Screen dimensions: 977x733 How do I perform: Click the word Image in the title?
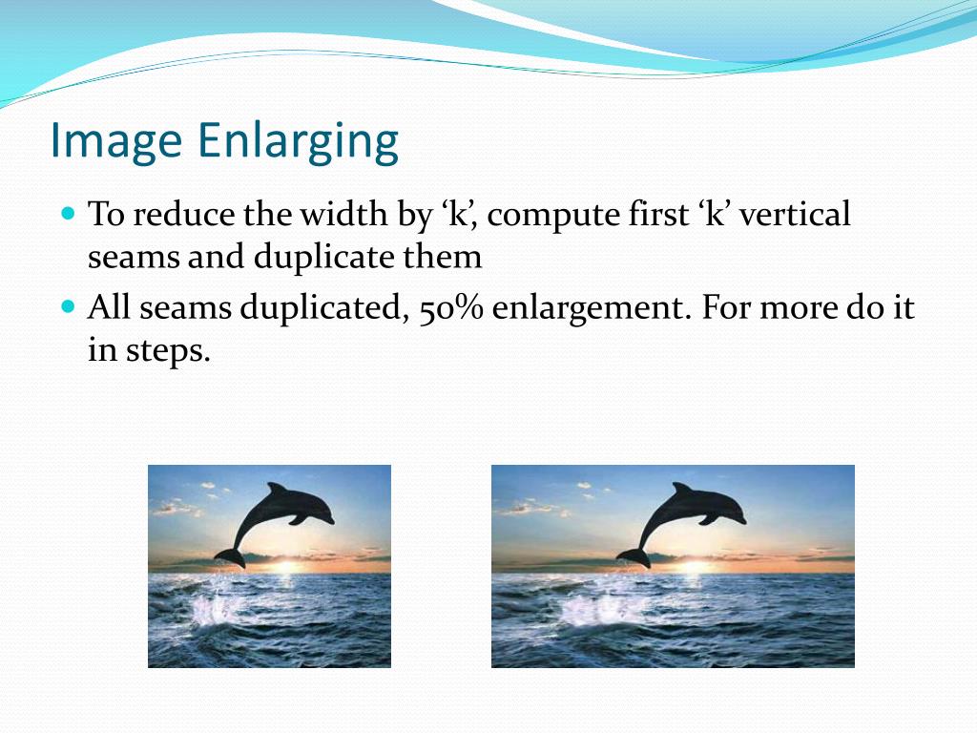[x=115, y=141]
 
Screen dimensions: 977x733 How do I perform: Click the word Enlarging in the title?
[x=299, y=141]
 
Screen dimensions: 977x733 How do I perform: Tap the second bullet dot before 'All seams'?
[x=69, y=307]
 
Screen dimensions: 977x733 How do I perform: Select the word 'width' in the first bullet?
[x=343, y=214]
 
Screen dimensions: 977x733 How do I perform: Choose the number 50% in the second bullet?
[x=451, y=307]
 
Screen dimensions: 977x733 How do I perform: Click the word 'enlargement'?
[x=592, y=308]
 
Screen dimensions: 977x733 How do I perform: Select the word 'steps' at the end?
[x=168, y=351]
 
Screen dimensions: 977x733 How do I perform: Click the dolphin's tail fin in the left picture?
[x=230, y=557]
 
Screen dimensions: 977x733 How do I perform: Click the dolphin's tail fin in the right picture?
[x=634, y=557]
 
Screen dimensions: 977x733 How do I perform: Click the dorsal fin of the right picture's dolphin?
[x=682, y=489]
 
